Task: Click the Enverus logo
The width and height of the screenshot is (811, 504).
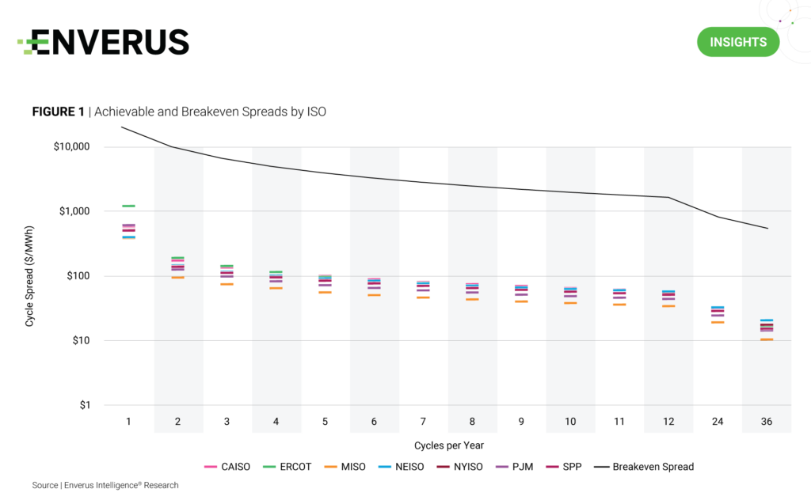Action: click(x=104, y=42)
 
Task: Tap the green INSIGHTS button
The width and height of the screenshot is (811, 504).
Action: click(x=737, y=42)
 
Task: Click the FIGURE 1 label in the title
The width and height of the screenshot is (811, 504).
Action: click(x=58, y=112)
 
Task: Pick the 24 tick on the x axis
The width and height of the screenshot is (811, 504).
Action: click(x=718, y=422)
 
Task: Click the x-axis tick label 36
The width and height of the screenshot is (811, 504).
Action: click(x=767, y=422)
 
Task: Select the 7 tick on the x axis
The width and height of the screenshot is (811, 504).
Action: click(x=423, y=422)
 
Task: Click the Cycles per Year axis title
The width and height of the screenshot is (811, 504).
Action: click(x=423, y=445)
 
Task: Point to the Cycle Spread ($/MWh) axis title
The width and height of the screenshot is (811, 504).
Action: click(x=29, y=276)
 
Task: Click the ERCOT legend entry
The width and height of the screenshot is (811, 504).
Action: click(x=290, y=467)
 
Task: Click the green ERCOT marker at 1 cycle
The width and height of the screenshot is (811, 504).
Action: click(x=128, y=206)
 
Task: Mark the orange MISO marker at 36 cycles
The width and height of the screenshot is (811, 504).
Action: click(x=767, y=339)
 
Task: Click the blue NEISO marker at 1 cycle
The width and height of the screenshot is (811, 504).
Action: click(x=128, y=237)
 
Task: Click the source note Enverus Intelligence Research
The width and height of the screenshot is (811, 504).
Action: click(x=105, y=485)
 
